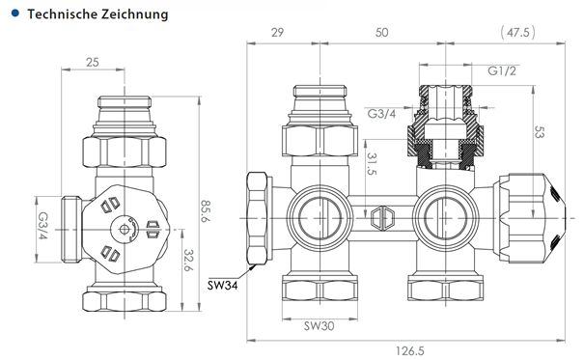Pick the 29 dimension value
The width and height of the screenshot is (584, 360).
click(277, 34)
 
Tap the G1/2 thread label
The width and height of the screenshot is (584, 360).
click(501, 72)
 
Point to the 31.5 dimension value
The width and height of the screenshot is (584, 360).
click(372, 165)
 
